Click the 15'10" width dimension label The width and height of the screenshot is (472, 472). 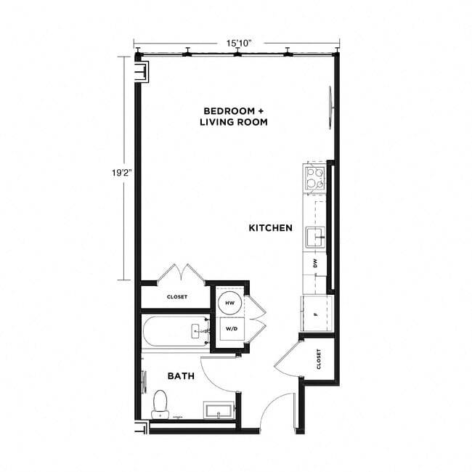[238, 44]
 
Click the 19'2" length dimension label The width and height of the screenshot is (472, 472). [121, 174]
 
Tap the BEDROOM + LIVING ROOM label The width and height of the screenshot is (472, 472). [234, 116]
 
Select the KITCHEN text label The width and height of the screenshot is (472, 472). [270, 228]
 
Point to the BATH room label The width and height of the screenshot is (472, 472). [181, 376]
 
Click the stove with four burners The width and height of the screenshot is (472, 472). [314, 179]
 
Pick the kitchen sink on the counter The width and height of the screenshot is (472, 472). [314, 237]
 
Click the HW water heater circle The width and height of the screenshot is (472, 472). [229, 302]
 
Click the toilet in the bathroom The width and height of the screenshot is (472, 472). [160, 403]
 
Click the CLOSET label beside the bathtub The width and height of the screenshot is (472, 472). [176, 297]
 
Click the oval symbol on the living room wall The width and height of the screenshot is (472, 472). [332, 107]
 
